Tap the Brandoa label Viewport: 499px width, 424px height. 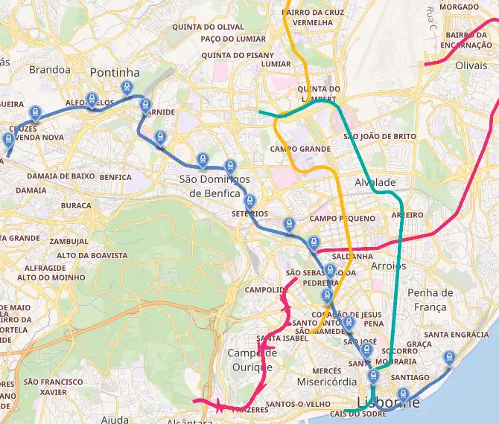[x=49, y=70]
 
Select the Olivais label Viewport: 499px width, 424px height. [x=471, y=65]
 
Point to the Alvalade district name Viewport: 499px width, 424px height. [x=375, y=182]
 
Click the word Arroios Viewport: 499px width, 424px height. [x=388, y=266]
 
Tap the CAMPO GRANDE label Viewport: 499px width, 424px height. [x=300, y=150]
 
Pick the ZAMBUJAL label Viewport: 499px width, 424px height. [x=69, y=242]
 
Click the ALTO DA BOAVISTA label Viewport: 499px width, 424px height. [x=92, y=255]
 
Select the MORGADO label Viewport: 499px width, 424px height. [x=460, y=7]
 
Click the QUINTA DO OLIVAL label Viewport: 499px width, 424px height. [x=197, y=27]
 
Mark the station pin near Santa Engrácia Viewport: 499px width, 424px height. [x=449, y=358]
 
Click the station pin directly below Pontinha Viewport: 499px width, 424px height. [x=128, y=87]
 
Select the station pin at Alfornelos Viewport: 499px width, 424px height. [x=92, y=99]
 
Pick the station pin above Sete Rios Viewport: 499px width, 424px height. [x=249, y=201]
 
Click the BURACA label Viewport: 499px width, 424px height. [x=76, y=205]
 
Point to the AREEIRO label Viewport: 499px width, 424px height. [x=407, y=214]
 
